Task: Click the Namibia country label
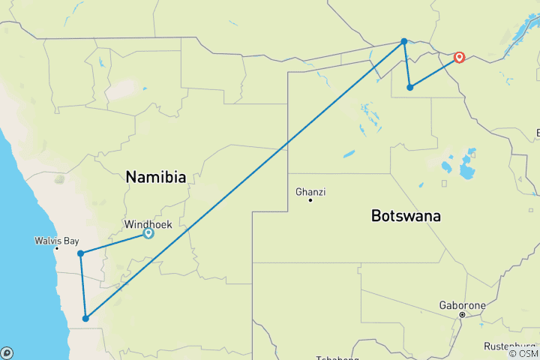point(155,178)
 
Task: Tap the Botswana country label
point(406,216)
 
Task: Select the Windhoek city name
point(148,224)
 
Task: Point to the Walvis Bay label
point(55,241)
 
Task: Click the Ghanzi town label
point(310,192)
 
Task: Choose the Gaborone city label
point(462,305)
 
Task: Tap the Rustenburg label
point(510,346)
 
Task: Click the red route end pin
point(459,57)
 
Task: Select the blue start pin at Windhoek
point(148,234)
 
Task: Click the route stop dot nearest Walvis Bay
point(80,253)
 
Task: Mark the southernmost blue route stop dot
point(85,319)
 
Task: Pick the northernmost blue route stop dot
point(404,41)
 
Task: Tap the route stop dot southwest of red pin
point(409,88)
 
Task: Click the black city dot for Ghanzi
point(310,200)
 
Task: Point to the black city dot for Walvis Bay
point(56,248)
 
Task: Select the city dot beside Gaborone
point(462,314)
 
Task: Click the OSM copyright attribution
point(523,353)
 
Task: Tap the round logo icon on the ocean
point(6,352)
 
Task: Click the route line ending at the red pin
point(433,73)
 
